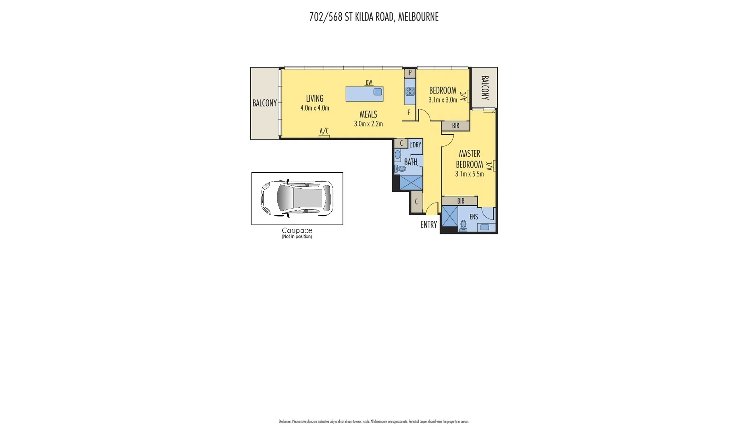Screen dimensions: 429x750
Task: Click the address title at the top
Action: (374, 17)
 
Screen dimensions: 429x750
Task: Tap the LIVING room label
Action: (314, 99)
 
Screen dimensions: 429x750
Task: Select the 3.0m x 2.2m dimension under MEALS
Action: (368, 124)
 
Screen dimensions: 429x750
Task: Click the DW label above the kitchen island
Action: (369, 83)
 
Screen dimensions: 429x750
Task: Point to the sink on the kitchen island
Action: (377, 92)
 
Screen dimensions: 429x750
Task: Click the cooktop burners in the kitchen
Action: (410, 92)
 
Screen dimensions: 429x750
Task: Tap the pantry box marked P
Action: (410, 73)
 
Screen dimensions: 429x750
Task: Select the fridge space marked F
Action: (409, 113)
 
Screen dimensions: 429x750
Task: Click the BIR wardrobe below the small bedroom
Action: (456, 126)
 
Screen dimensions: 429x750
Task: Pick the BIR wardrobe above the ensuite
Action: (460, 201)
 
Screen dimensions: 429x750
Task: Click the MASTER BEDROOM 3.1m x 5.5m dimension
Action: (469, 174)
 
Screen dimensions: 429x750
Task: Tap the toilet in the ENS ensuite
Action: (463, 226)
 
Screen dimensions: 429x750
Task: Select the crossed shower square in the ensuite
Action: (450, 216)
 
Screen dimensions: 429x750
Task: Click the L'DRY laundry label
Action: (415, 145)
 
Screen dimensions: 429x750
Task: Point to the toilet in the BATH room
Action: (401, 169)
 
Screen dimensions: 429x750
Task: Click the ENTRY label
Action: (429, 225)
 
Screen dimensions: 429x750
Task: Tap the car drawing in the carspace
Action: (297, 198)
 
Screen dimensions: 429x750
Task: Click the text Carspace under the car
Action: (297, 230)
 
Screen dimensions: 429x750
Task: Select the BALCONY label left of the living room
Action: (264, 103)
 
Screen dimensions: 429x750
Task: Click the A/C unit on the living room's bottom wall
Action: (324, 136)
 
